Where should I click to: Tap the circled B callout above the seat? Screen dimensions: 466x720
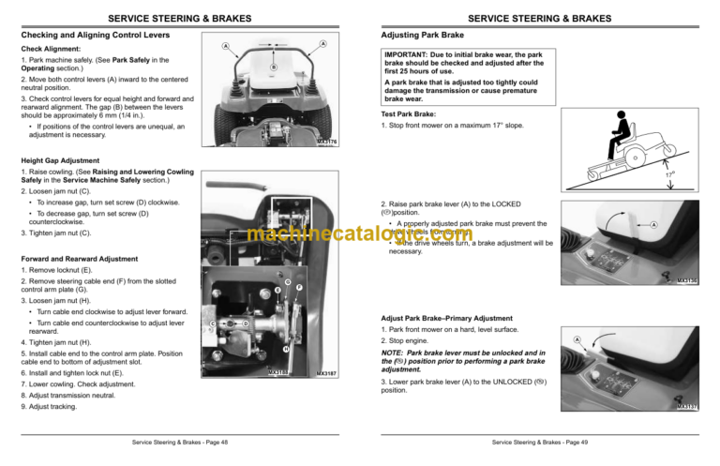pyautogui.click(x=273, y=68)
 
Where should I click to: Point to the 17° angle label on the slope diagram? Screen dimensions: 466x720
pyautogui.click(x=695, y=174)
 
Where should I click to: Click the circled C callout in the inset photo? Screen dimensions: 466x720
pyautogui.click(x=213, y=324)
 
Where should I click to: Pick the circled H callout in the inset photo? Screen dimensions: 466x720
pyautogui.click(x=284, y=351)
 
